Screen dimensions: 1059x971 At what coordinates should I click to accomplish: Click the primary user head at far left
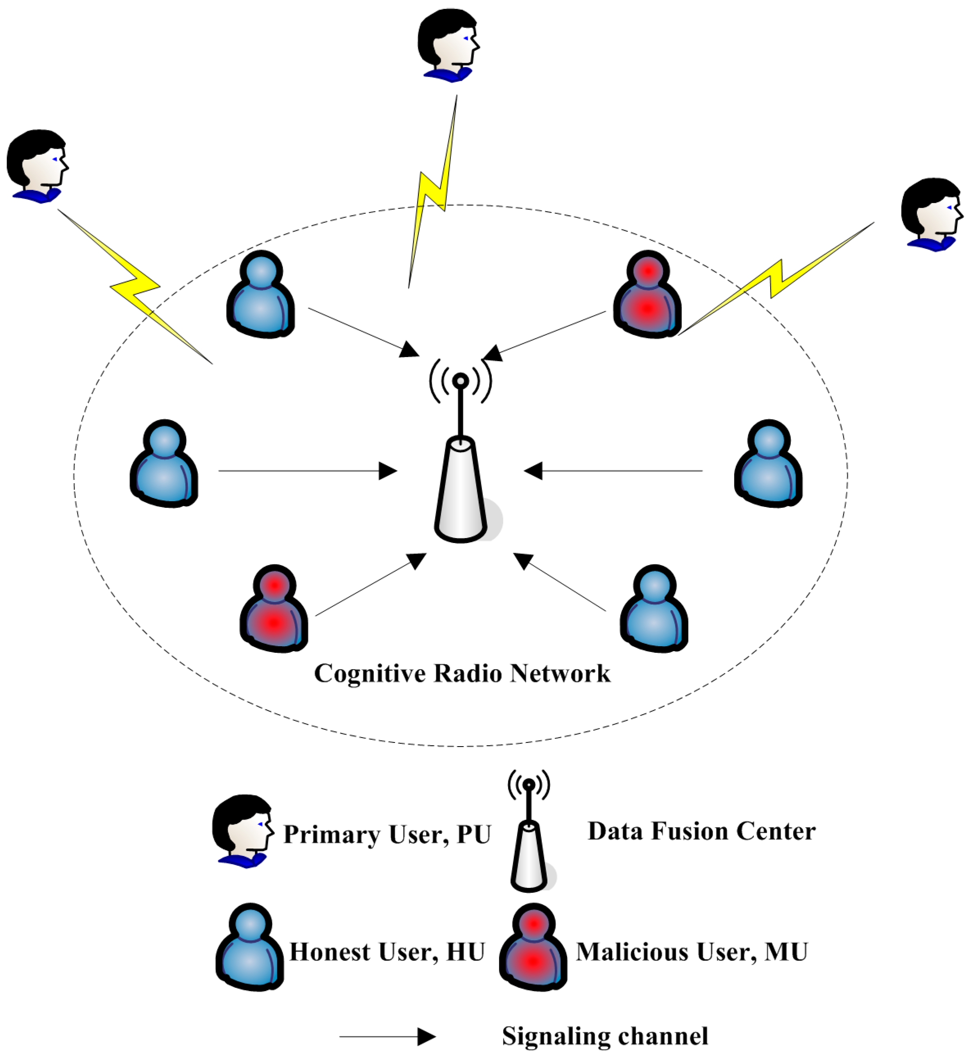[x=37, y=165]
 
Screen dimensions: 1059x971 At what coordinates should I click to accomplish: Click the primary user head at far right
[x=932, y=214]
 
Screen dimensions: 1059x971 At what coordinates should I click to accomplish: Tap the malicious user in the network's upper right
[x=647, y=295]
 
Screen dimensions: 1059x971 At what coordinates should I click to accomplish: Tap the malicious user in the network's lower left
[x=274, y=609]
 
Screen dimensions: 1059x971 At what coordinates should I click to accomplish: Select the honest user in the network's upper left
[x=260, y=295]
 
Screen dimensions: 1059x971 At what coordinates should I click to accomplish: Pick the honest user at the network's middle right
[x=768, y=464]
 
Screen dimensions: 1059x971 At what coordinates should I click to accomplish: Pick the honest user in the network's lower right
[x=654, y=609]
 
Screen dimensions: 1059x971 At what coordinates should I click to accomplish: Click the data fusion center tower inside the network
[x=461, y=489]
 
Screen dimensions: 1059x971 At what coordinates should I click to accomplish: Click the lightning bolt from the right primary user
[x=776, y=278]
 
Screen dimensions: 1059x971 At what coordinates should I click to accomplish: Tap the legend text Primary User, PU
[x=387, y=835]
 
